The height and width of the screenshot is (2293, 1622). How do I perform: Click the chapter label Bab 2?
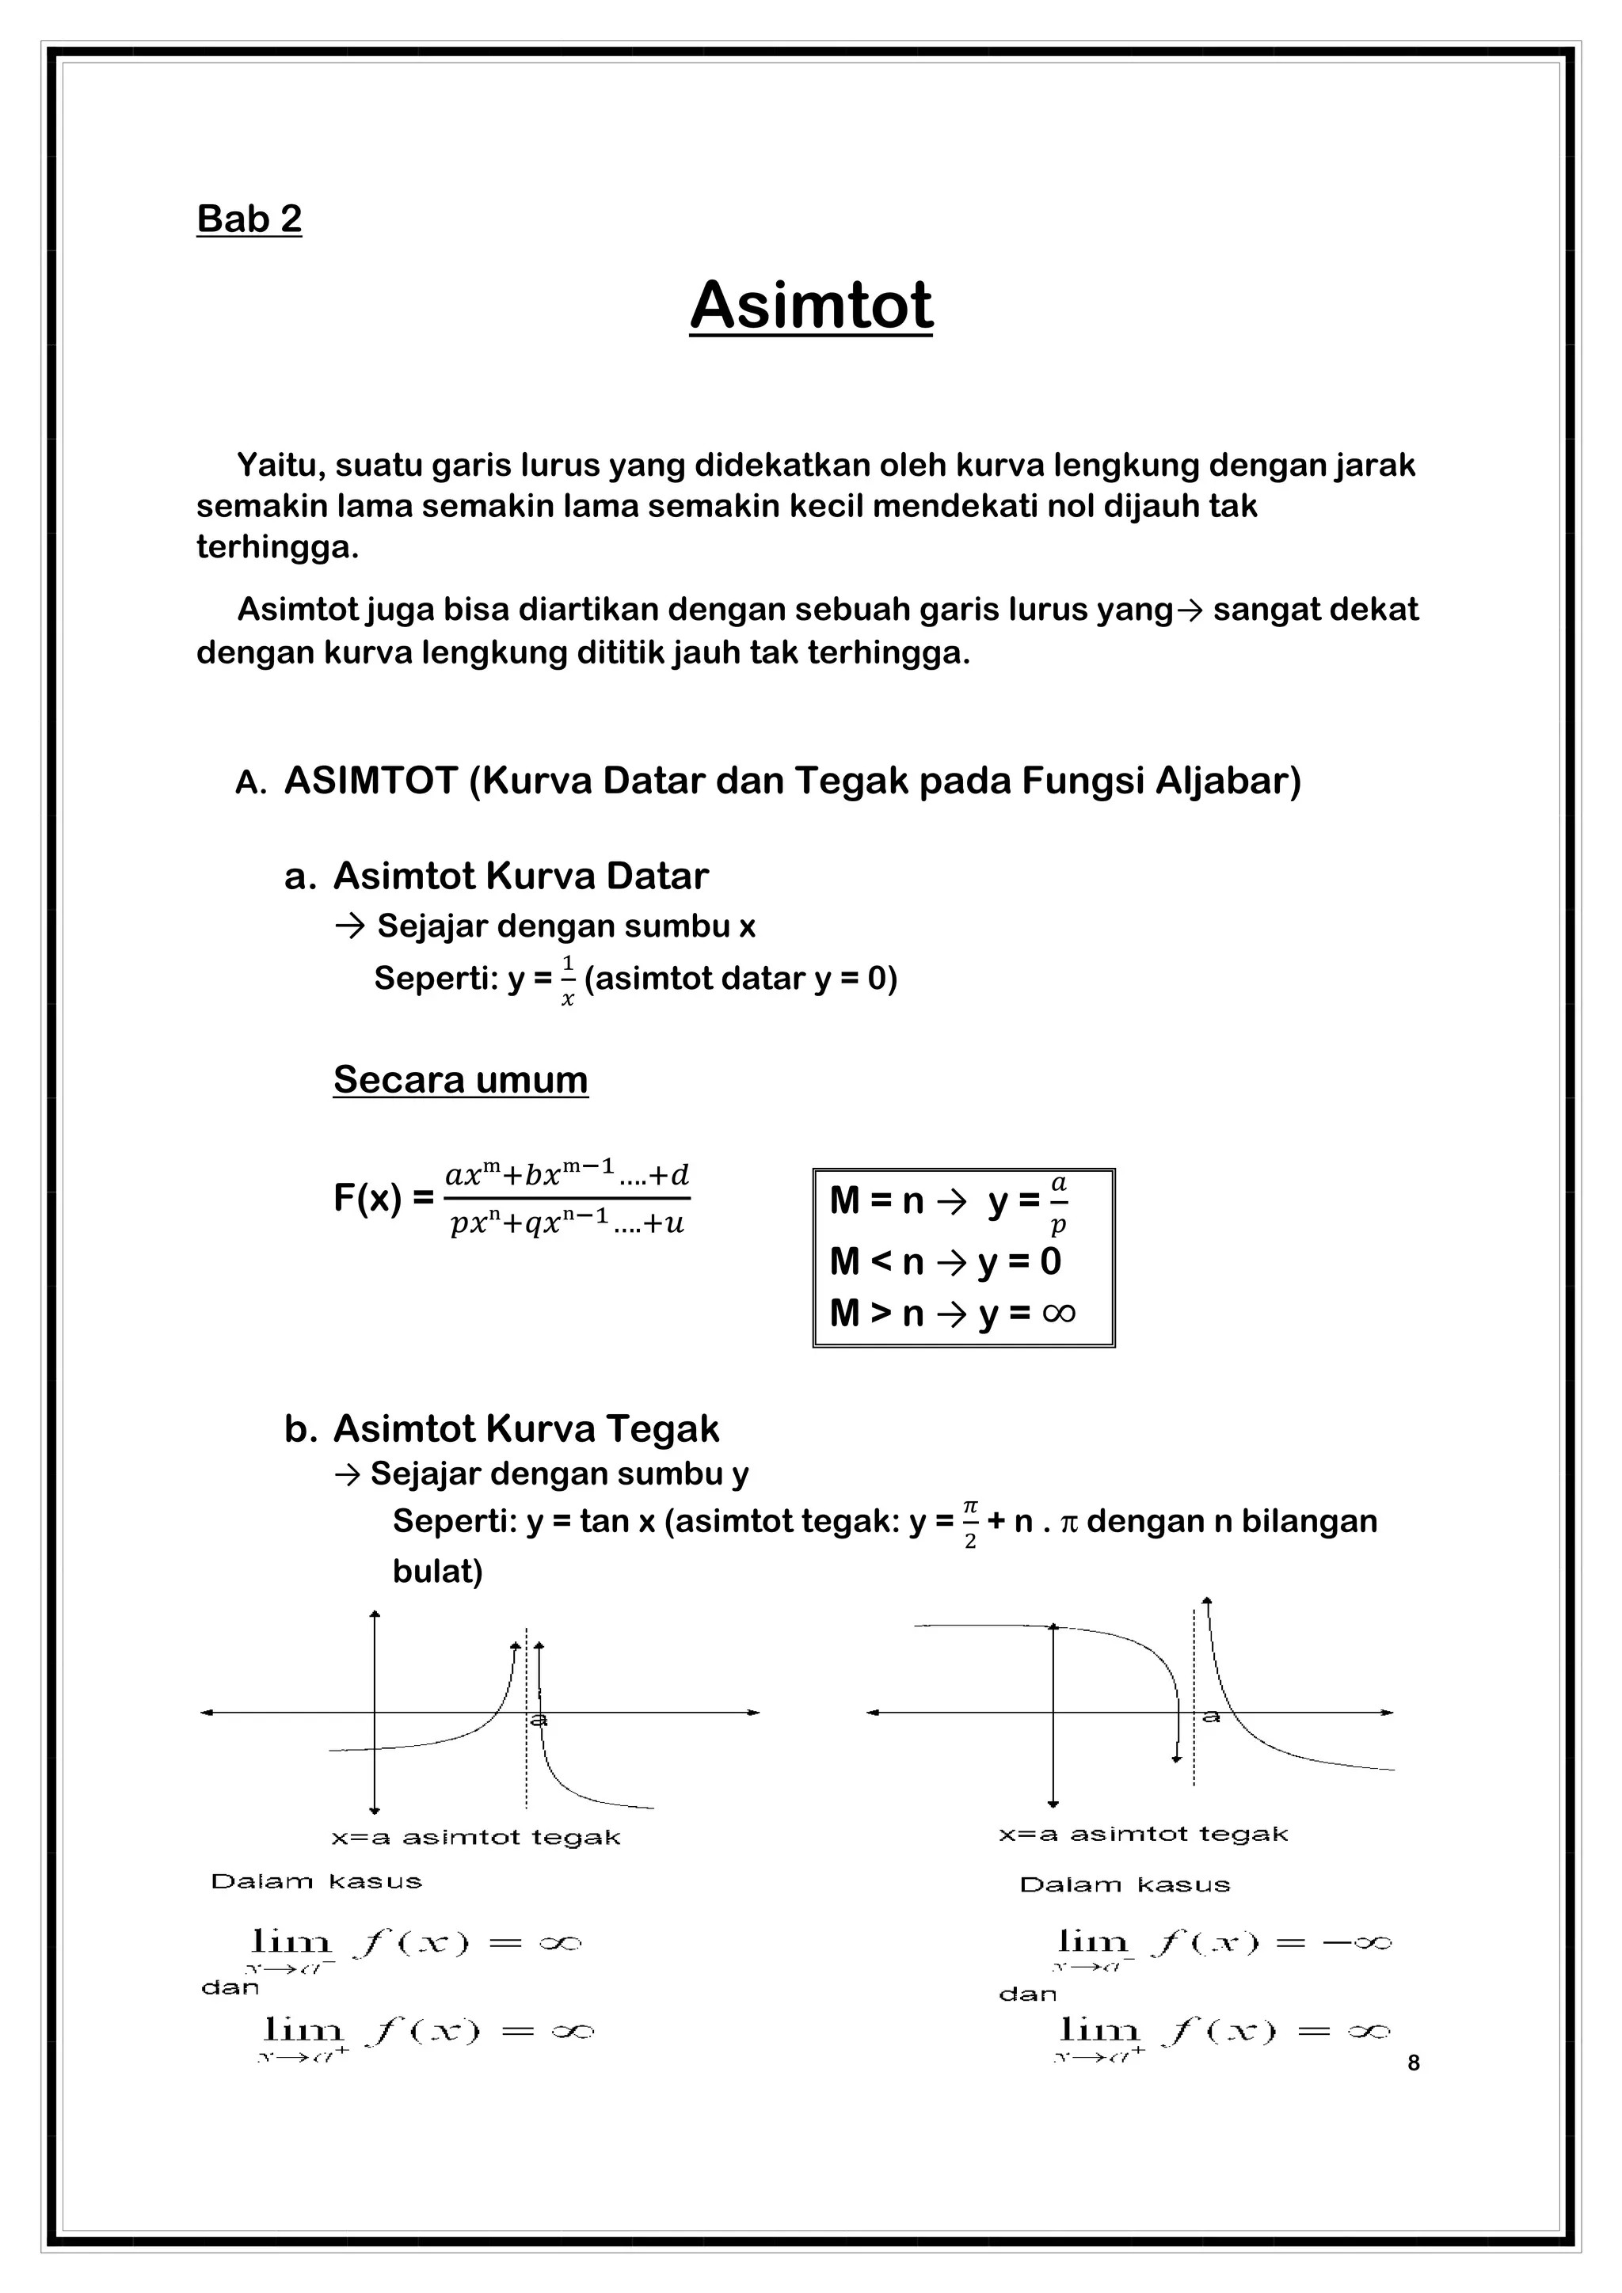(x=249, y=219)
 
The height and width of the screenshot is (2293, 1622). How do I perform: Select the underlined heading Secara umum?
(x=460, y=1079)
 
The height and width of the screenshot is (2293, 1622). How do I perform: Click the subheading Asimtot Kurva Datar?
(x=520, y=876)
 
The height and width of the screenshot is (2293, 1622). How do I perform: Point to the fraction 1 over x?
(x=567, y=979)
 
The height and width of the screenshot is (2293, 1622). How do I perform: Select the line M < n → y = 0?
(x=945, y=1261)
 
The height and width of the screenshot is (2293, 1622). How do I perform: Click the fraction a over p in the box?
(x=1059, y=1203)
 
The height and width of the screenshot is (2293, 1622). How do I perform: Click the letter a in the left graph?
(x=539, y=1720)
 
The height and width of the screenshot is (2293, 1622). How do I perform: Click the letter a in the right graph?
(x=1210, y=1717)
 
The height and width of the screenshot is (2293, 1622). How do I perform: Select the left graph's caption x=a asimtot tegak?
(x=475, y=1838)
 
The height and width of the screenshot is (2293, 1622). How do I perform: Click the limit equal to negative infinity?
(x=1224, y=1942)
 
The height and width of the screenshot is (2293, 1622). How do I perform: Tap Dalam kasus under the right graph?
(x=1124, y=1885)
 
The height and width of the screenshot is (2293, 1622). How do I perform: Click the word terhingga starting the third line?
(x=276, y=547)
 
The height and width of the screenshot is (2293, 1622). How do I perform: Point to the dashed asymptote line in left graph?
(x=527, y=1778)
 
